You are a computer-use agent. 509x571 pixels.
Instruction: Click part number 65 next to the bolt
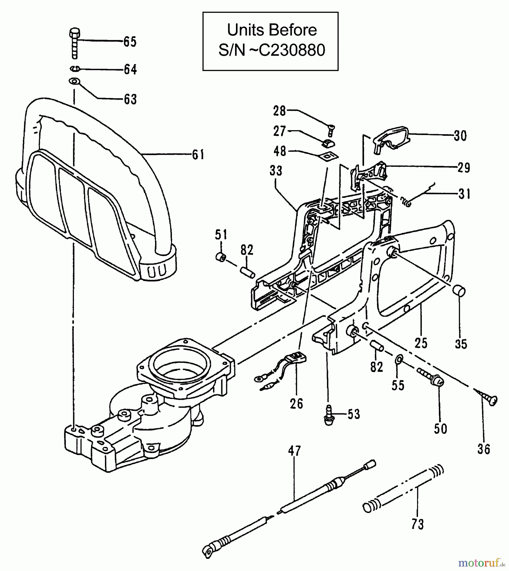click(130, 42)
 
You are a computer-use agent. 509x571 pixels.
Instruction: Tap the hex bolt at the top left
click(75, 43)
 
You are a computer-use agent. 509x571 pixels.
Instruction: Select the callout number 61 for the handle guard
click(198, 155)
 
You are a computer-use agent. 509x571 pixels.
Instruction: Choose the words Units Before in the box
click(272, 30)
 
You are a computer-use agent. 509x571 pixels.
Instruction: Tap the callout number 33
click(276, 171)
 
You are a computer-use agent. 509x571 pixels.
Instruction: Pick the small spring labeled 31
click(406, 201)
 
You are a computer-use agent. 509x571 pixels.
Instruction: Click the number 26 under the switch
click(296, 404)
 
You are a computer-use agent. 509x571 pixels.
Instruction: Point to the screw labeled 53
click(329, 415)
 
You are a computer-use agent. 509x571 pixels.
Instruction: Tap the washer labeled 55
click(399, 360)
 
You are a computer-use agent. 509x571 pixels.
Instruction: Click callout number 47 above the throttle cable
click(294, 451)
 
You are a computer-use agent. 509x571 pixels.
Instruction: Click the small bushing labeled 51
click(220, 257)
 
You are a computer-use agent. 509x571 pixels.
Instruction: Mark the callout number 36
click(484, 449)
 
